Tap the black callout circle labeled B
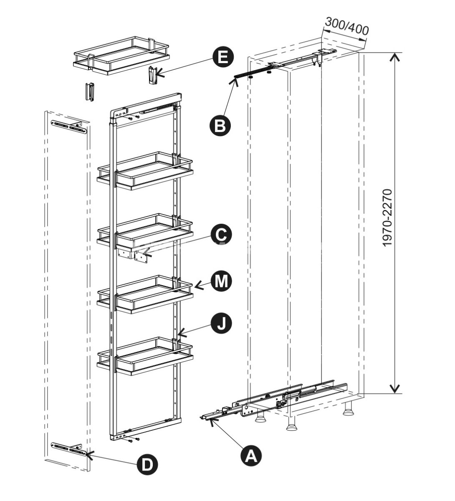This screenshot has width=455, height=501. pyautogui.click(x=220, y=125)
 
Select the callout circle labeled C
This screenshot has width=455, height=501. pyautogui.click(x=221, y=235)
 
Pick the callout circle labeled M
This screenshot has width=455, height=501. pyautogui.click(x=221, y=281)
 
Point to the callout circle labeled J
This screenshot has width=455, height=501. pyautogui.click(x=221, y=323)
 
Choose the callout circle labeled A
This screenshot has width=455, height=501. pyautogui.click(x=251, y=455)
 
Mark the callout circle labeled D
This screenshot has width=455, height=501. pyautogui.click(x=147, y=464)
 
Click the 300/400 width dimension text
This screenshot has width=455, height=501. pyautogui.click(x=346, y=26)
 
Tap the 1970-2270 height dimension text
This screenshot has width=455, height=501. pyautogui.click(x=387, y=218)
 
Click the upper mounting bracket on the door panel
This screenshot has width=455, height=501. pyautogui.click(x=69, y=127)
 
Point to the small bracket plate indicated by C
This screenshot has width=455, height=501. pyautogui.click(x=141, y=256)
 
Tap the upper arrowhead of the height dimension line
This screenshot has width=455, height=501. pyautogui.click(x=394, y=56)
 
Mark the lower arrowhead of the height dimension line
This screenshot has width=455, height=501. pyautogui.click(x=394, y=389)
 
